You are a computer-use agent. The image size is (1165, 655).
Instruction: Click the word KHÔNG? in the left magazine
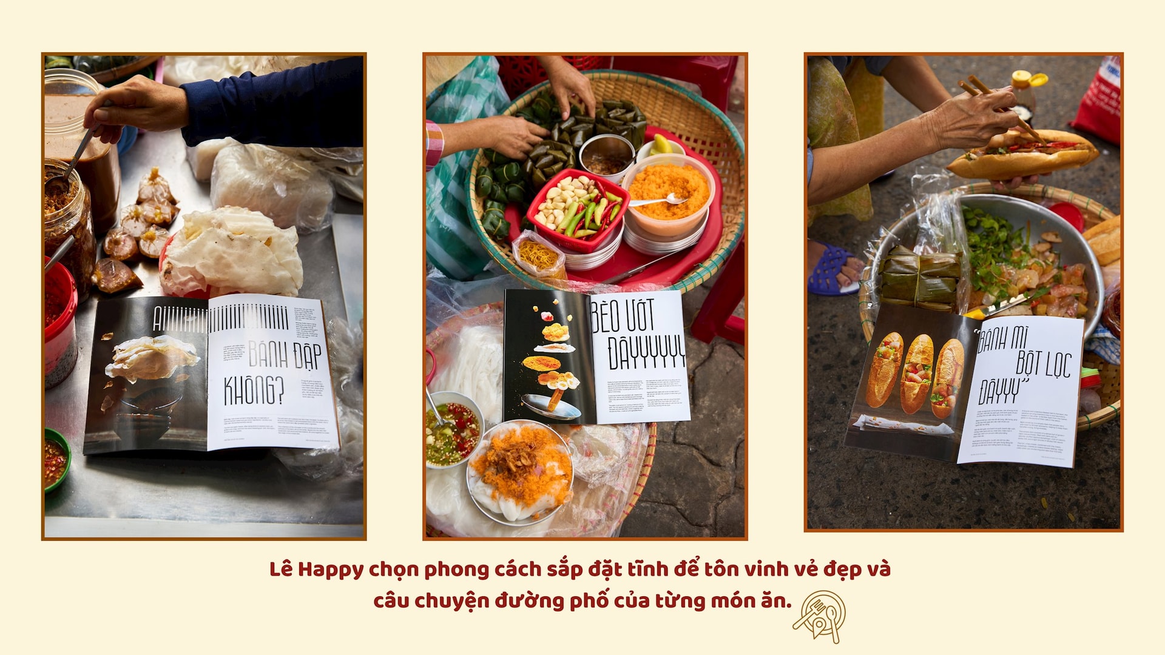[254, 390]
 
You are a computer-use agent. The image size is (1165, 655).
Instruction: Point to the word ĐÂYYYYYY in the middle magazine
[647, 352]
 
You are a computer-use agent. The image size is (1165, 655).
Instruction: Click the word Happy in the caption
[330, 569]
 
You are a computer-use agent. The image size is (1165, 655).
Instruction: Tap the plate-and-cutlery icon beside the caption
[820, 616]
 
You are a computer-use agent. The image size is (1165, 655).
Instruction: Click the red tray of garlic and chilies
[577, 209]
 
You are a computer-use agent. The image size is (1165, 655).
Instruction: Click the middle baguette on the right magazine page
[917, 373]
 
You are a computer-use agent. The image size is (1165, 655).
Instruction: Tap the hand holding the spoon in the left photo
[137, 108]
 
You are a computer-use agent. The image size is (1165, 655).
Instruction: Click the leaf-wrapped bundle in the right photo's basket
[920, 278]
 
